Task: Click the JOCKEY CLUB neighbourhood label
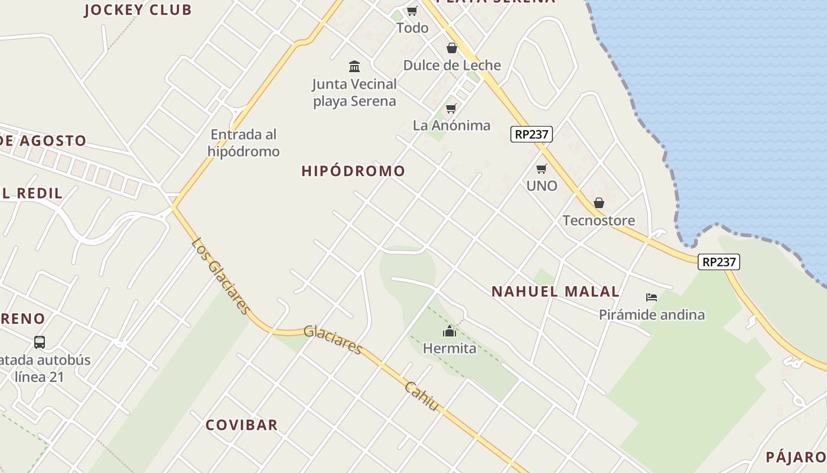pyautogui.click(x=138, y=9)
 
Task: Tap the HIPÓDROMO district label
pyautogui.click(x=353, y=171)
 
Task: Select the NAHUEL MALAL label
pyautogui.click(x=555, y=291)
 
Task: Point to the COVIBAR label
pyautogui.click(x=242, y=425)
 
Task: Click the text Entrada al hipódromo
pyautogui.click(x=243, y=142)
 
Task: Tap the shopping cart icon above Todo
pyautogui.click(x=412, y=11)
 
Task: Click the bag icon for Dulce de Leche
pyautogui.click(x=452, y=48)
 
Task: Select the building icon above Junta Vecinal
pyautogui.click(x=354, y=66)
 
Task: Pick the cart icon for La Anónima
pyautogui.click(x=451, y=108)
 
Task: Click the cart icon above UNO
pyautogui.click(x=541, y=169)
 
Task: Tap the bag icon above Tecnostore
pyautogui.click(x=598, y=203)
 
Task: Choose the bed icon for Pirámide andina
pyautogui.click(x=652, y=297)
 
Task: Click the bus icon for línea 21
pyautogui.click(x=40, y=342)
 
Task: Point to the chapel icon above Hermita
pyautogui.click(x=450, y=331)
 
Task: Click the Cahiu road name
pyautogui.click(x=422, y=396)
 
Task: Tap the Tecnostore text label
pyautogui.click(x=598, y=221)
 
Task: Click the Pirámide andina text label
pyautogui.click(x=652, y=315)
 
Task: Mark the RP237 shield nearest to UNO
pyautogui.click(x=531, y=134)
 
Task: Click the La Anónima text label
pyautogui.click(x=451, y=125)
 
